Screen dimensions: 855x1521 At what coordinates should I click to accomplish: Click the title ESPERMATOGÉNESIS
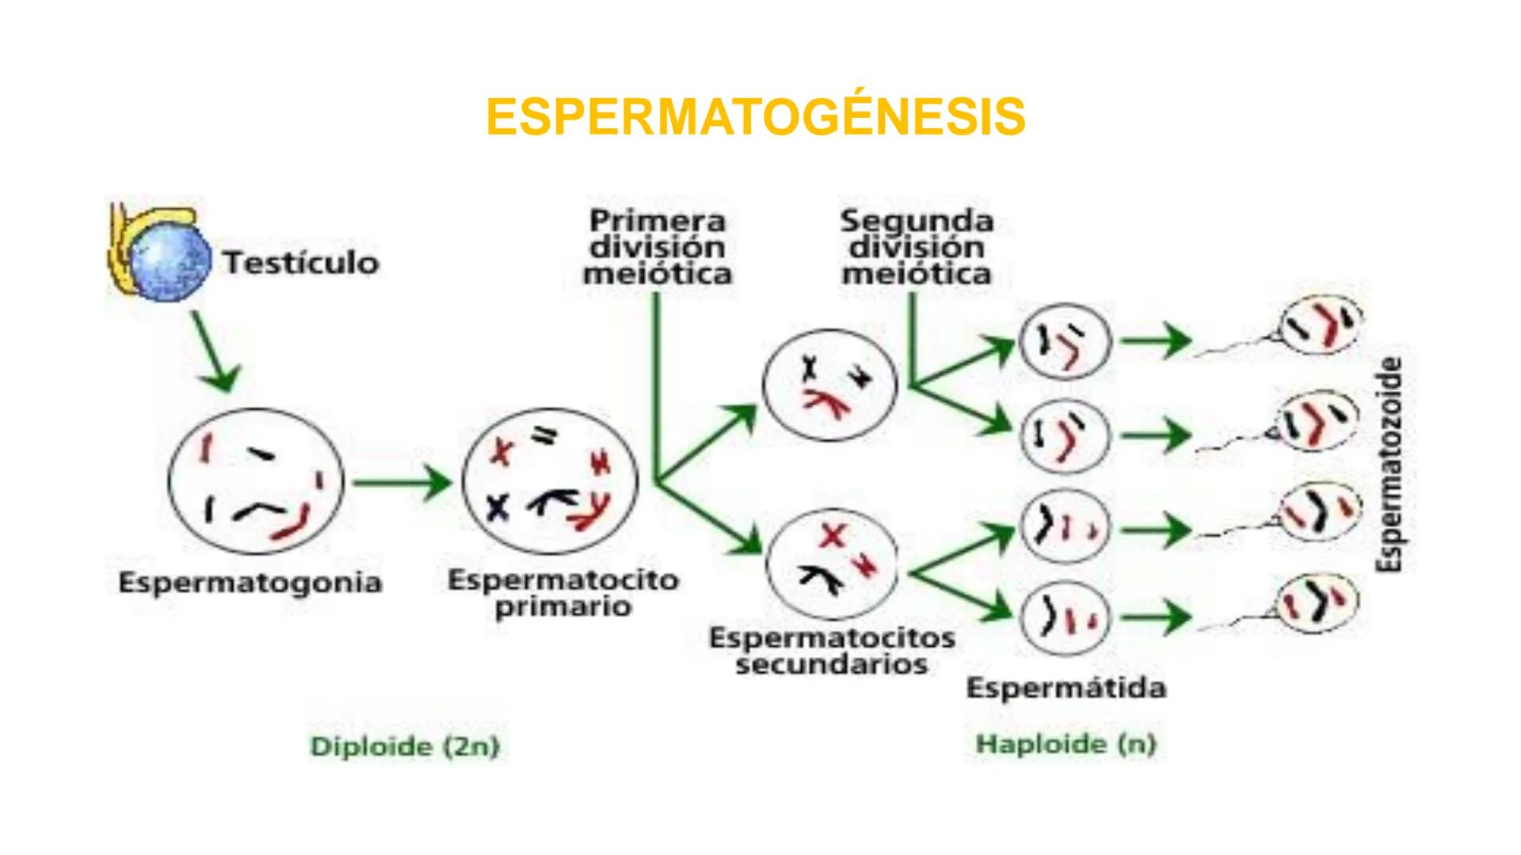click(x=756, y=117)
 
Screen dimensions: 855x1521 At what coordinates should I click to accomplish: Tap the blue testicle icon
click(x=170, y=259)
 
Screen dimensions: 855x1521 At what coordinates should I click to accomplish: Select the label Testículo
click(x=301, y=263)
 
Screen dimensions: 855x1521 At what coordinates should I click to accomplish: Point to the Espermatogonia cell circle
click(x=255, y=483)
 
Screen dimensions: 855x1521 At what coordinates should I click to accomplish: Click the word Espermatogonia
click(x=250, y=583)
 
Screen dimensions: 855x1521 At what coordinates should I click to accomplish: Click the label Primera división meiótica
click(x=658, y=247)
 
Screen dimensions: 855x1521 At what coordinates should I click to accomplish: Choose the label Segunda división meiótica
click(x=917, y=247)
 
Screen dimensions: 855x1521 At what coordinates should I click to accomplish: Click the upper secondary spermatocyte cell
click(x=829, y=384)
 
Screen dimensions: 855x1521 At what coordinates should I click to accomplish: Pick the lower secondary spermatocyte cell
click(x=832, y=564)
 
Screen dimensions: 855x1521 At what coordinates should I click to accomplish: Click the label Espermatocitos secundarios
click(x=832, y=651)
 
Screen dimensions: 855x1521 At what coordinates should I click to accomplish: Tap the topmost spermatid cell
click(x=1065, y=343)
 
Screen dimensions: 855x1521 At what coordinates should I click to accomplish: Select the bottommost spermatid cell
click(x=1065, y=618)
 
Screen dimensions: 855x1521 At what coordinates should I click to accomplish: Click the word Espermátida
click(x=1066, y=688)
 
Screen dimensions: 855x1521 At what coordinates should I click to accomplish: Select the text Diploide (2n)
click(x=405, y=747)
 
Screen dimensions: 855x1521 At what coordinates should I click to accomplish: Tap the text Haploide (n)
click(x=1066, y=744)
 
